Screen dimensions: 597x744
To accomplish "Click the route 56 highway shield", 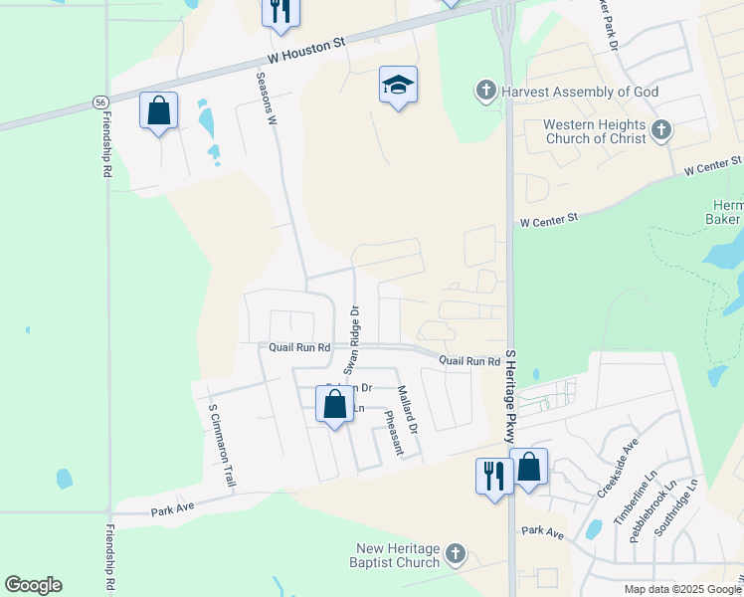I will tap(100, 102).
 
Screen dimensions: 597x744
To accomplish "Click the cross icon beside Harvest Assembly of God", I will tap(486, 92).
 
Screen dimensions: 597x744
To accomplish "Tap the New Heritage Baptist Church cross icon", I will tap(455, 553).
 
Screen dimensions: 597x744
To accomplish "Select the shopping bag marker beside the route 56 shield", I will tap(159, 109).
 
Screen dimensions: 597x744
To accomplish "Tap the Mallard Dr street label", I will tap(408, 408).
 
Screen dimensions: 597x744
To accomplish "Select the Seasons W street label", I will tap(266, 98).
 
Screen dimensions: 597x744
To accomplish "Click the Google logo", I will tap(33, 585).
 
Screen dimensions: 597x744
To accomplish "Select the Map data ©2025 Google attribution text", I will tap(682, 589).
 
